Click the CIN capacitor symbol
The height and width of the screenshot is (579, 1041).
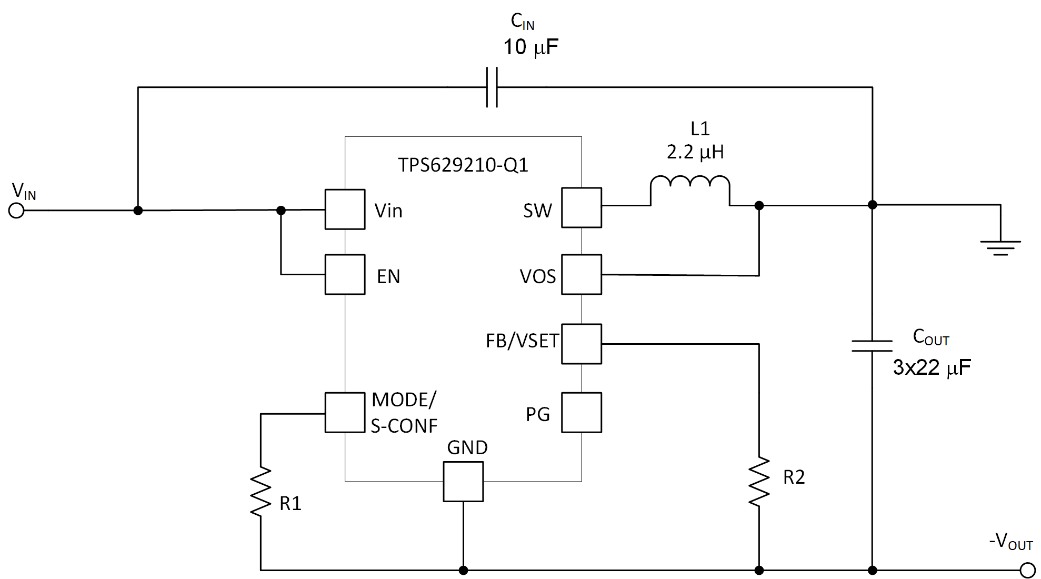[x=492, y=87]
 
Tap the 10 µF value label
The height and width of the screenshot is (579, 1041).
[x=530, y=47]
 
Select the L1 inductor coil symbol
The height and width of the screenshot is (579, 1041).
[x=690, y=189]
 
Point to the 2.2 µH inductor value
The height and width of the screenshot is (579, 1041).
[x=695, y=153]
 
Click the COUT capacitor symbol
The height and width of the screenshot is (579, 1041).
[x=872, y=346]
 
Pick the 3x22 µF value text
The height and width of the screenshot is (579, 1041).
[x=932, y=367]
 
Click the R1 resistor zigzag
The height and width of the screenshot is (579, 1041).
[x=261, y=492]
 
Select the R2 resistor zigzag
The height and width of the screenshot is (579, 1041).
[x=759, y=482]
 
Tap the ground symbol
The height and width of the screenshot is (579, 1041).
[x=1000, y=247]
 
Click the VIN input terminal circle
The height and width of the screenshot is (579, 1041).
[x=16, y=211]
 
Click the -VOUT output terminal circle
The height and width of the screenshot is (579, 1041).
[x=1027, y=570]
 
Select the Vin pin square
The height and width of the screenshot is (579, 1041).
[x=345, y=209]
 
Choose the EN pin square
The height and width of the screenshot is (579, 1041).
[x=345, y=275]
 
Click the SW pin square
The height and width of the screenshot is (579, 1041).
[x=581, y=208]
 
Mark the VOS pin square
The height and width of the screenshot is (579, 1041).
[x=581, y=275]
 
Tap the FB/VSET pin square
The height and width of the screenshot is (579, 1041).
[x=581, y=344]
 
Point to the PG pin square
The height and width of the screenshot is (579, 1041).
[x=581, y=413]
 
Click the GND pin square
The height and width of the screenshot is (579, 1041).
[x=463, y=482]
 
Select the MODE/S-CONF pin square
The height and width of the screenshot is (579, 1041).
[x=345, y=413]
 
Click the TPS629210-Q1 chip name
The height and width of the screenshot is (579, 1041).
[x=463, y=165]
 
